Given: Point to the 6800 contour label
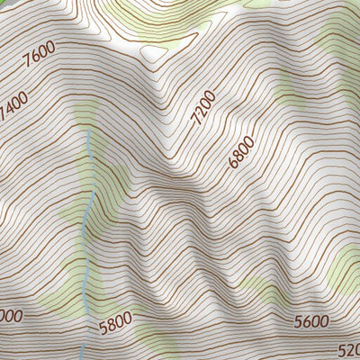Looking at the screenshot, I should (241, 151).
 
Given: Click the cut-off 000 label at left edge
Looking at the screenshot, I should (10, 315).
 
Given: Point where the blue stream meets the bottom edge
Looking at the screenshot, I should (83, 358).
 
